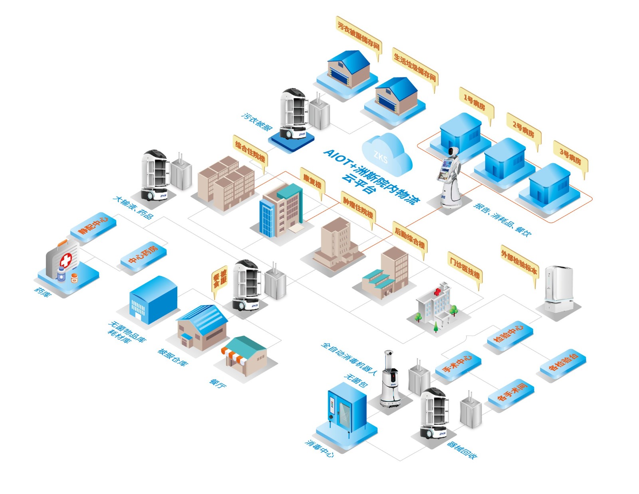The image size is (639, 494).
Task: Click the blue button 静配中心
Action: pyautogui.click(x=93, y=225)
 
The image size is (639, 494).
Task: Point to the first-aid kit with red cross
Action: pyautogui.click(x=63, y=259)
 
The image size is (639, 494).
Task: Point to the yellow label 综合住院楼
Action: pyautogui.click(x=250, y=152)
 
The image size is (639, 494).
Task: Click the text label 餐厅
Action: pyautogui.click(x=218, y=383)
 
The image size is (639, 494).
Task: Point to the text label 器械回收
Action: pyautogui.click(x=462, y=450)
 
